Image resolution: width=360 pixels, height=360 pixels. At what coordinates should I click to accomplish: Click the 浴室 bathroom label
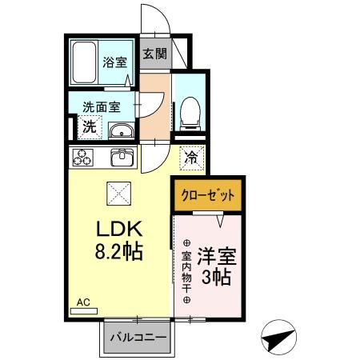(115, 61)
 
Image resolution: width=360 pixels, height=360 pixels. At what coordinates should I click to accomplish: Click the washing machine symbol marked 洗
(90, 126)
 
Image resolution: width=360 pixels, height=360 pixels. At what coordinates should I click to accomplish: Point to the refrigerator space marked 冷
(190, 158)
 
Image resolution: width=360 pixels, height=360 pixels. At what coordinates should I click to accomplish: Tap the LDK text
(118, 227)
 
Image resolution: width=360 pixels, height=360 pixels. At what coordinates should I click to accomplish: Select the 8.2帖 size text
(118, 252)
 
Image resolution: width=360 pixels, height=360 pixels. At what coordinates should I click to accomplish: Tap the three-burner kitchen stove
(83, 158)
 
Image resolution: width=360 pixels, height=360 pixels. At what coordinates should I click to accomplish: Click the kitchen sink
(121, 157)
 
